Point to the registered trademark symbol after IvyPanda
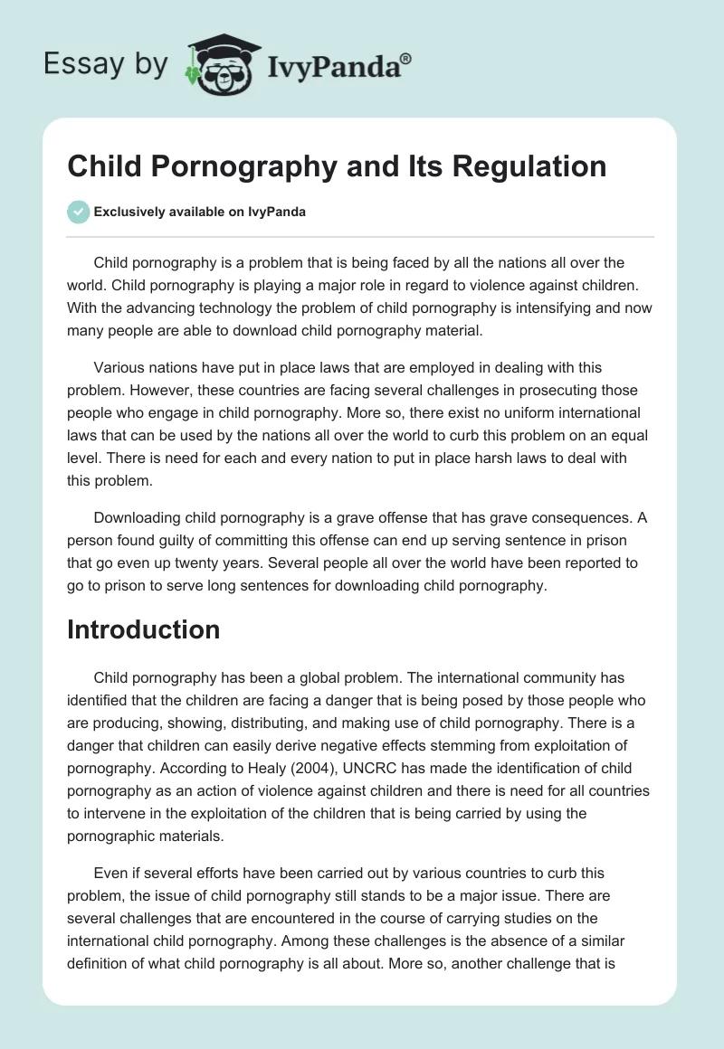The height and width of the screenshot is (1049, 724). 406,57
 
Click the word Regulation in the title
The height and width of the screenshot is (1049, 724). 519,166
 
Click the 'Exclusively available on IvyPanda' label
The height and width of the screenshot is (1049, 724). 200,212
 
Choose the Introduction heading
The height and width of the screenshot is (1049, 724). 143,629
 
